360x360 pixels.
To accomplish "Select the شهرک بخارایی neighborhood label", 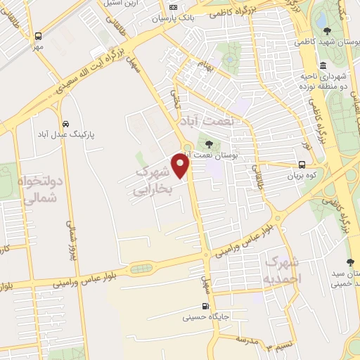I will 152,179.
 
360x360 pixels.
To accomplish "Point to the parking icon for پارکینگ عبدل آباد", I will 65,121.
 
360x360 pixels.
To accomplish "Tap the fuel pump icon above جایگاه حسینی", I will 205,306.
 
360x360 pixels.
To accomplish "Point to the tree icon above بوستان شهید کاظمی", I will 328,30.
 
